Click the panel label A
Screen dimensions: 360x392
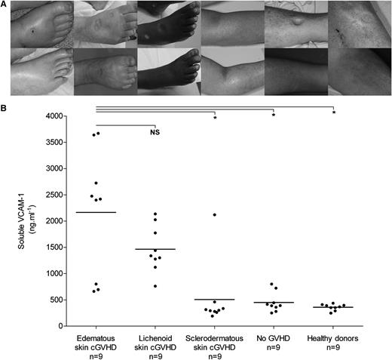click(5, 5)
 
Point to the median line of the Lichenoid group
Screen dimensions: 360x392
click(155, 249)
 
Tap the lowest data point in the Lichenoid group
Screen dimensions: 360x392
click(155, 286)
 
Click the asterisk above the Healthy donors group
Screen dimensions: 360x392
click(333, 113)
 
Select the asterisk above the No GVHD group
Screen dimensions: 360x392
click(274, 115)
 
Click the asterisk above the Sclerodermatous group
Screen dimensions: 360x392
click(215, 118)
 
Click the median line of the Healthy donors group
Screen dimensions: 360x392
click(332, 307)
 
